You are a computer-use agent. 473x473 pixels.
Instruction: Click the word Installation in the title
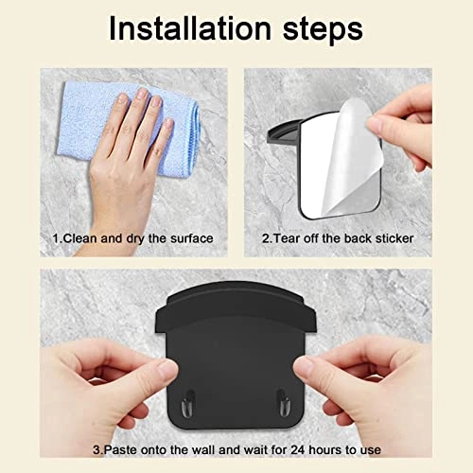click(190, 28)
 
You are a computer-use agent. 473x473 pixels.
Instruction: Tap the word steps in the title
click(323, 31)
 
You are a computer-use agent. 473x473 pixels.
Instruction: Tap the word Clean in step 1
click(81, 238)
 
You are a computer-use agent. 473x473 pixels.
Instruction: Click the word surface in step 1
click(192, 238)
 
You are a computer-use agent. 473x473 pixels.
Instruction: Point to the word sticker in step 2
click(394, 238)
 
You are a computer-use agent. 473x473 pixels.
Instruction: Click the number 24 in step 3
click(298, 449)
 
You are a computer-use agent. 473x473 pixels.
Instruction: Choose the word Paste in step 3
click(121, 449)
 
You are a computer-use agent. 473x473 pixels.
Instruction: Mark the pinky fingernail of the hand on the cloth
click(169, 124)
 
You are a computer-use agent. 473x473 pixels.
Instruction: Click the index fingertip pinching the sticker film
click(376, 124)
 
